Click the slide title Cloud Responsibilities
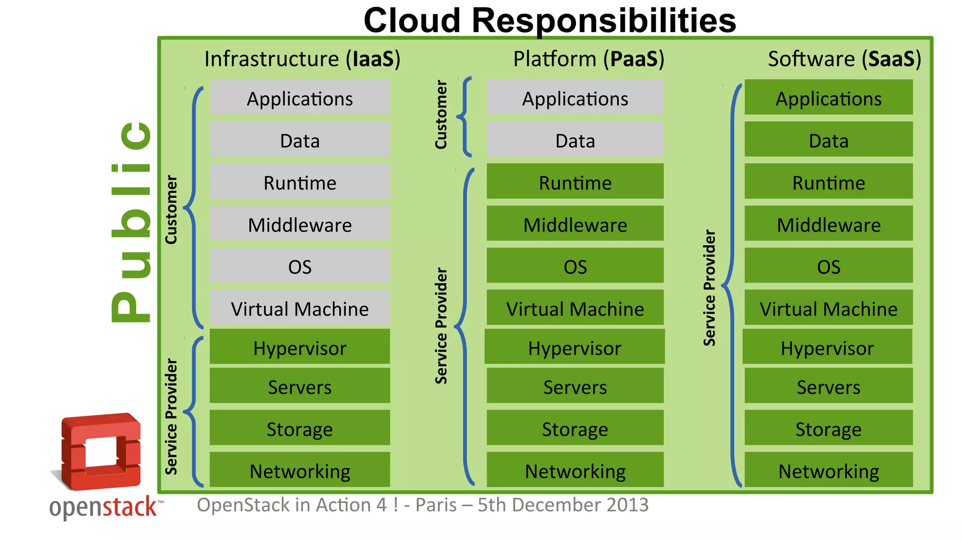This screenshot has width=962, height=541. (550, 21)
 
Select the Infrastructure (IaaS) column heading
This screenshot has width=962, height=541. (302, 59)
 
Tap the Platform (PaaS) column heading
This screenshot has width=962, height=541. (589, 59)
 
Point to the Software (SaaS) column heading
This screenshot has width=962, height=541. (844, 59)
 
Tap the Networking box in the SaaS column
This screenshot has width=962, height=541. (829, 470)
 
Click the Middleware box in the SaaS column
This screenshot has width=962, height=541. (829, 224)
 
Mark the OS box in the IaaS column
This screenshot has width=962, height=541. (300, 266)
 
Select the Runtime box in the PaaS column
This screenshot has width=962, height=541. (575, 182)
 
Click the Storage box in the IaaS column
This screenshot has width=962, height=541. (300, 428)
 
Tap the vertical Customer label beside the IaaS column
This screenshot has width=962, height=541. (171, 209)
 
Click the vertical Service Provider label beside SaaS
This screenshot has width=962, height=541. (709, 287)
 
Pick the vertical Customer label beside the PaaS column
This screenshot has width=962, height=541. (441, 115)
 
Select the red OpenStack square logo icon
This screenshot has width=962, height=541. (101, 451)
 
